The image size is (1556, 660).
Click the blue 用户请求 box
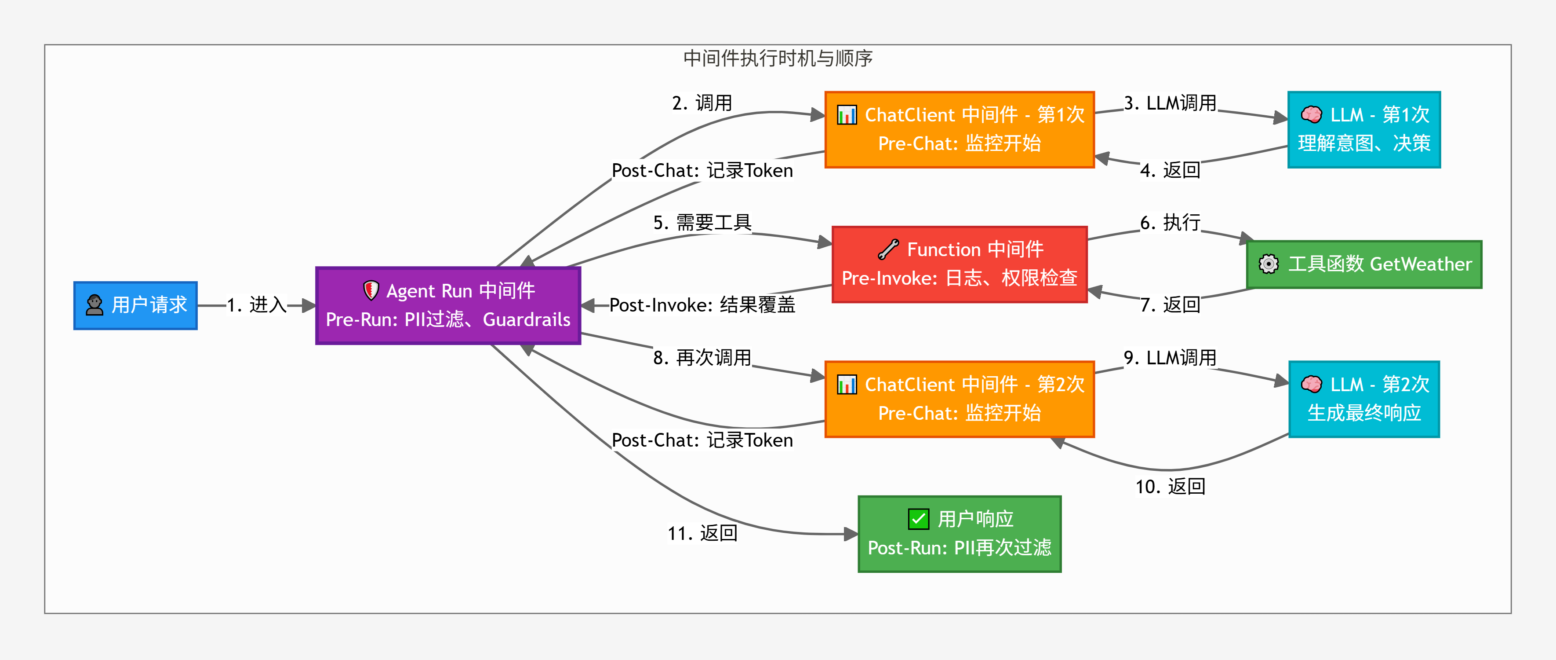(x=135, y=305)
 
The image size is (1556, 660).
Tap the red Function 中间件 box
(x=959, y=264)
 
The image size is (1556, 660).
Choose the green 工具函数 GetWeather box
(x=1364, y=264)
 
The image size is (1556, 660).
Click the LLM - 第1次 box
(x=1363, y=129)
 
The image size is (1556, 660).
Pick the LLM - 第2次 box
(x=1363, y=399)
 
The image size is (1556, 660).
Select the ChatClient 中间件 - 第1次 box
(x=959, y=129)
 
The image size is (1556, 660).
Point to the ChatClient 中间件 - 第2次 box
(x=959, y=399)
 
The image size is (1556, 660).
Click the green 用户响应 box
(x=959, y=534)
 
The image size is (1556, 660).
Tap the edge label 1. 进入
(x=257, y=305)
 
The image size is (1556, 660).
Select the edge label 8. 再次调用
(x=702, y=358)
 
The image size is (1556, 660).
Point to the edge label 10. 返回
(x=1170, y=487)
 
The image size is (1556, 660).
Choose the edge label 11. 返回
(x=702, y=533)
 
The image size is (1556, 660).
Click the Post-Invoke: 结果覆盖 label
(x=702, y=305)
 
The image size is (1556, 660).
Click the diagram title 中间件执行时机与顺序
(x=778, y=59)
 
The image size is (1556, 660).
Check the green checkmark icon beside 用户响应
(x=918, y=519)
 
